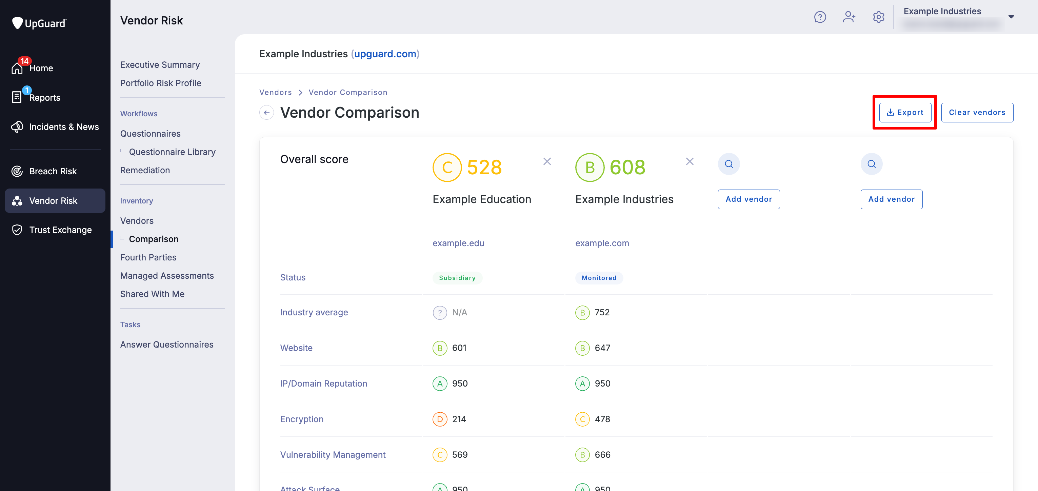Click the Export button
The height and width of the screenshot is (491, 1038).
(x=905, y=113)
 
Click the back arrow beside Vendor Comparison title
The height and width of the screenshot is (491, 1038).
(x=266, y=113)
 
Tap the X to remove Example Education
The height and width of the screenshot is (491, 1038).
(x=547, y=162)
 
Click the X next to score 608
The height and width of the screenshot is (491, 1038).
(x=690, y=162)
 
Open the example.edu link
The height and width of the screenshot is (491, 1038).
(x=458, y=243)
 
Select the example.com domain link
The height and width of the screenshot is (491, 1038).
(x=602, y=243)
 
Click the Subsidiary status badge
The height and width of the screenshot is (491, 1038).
(x=457, y=278)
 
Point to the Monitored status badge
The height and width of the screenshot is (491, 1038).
(x=599, y=278)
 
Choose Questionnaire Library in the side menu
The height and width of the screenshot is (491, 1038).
(x=172, y=152)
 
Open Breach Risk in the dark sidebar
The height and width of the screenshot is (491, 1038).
(x=53, y=171)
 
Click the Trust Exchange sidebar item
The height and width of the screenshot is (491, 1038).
(x=60, y=230)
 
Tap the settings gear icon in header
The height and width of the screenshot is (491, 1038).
(x=878, y=17)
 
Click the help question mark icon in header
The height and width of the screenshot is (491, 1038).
(x=820, y=17)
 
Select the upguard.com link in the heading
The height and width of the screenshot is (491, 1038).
(x=385, y=54)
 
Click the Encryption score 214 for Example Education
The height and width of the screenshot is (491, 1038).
(x=459, y=419)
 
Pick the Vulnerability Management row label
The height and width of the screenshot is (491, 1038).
(x=333, y=455)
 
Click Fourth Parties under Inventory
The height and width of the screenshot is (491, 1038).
(x=148, y=257)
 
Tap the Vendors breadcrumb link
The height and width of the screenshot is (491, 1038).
(x=276, y=92)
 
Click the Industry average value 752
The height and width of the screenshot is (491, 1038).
(x=602, y=312)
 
